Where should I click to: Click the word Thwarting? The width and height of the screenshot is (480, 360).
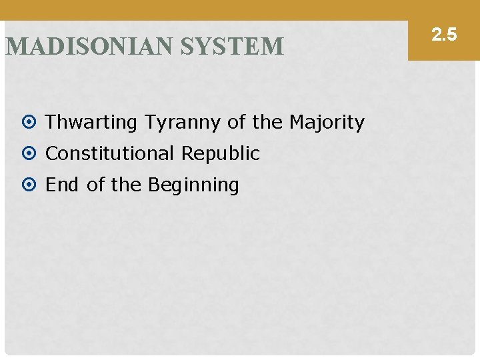[91, 123]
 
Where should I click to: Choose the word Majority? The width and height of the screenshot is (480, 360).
[327, 123]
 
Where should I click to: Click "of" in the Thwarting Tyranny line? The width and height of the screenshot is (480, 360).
[236, 123]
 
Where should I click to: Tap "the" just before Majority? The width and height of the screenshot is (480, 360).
[267, 123]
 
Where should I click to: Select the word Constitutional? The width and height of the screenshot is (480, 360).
[113, 153]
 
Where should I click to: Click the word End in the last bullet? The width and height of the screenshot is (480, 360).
[62, 185]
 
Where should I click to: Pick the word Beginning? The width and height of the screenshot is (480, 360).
[193, 185]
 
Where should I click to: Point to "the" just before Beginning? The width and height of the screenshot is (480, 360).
[126, 185]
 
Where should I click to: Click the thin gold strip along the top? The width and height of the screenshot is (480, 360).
[200, 9]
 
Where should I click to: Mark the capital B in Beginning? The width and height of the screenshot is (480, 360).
[154, 185]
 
